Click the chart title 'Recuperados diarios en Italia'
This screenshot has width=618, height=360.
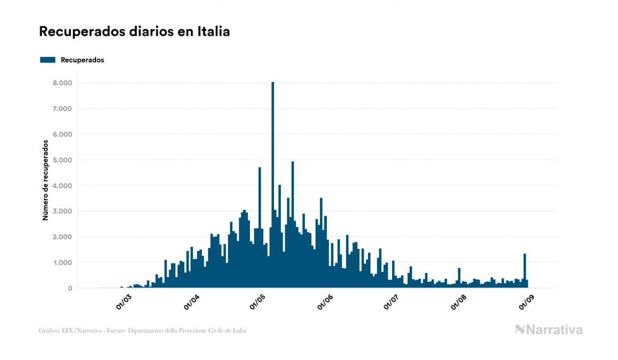134,32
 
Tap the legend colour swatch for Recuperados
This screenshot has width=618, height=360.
48,60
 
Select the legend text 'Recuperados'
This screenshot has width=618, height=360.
82,60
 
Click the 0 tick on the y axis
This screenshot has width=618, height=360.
69,288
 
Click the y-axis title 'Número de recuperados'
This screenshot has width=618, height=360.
45,180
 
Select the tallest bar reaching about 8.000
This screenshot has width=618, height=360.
272,187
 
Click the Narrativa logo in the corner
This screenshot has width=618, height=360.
549,330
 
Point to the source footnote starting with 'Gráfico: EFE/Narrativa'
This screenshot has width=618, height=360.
143,331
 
